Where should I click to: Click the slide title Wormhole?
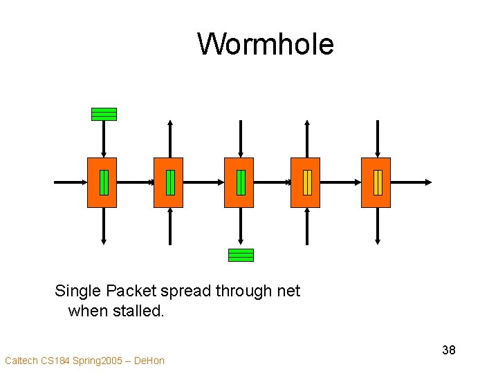pos(266,44)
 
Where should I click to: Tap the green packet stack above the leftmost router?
pos(104,114)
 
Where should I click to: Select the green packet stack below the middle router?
pos(241,255)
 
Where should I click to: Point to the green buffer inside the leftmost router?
pos(104,182)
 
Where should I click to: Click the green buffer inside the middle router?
pos(241,182)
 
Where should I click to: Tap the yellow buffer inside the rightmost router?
pos(378,182)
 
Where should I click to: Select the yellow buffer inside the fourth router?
pos(307,182)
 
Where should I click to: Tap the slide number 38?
pos(448,350)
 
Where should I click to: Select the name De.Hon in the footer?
pos(149,361)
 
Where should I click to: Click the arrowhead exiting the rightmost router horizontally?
pos(427,182)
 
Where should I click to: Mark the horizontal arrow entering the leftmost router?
pos(69,182)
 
